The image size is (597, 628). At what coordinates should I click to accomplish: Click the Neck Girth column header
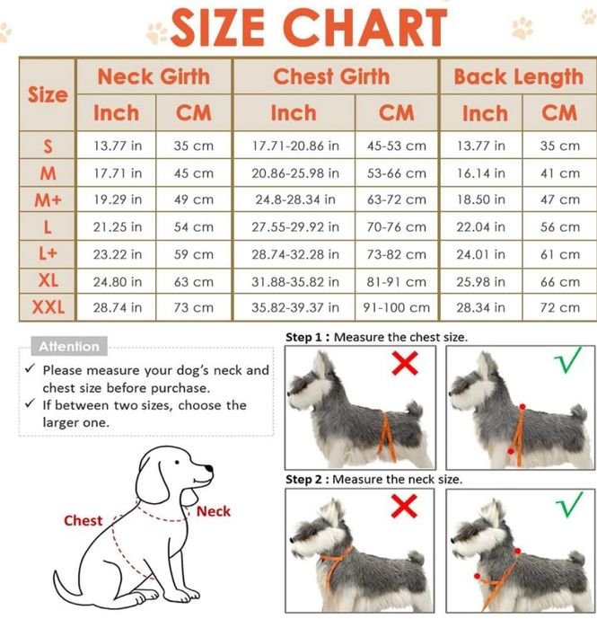(154, 76)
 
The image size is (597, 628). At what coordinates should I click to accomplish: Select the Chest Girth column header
(331, 76)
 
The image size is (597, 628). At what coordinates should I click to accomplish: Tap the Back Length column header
(519, 77)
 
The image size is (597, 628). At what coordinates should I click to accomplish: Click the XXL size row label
(48, 307)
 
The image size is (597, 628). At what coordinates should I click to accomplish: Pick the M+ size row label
(48, 199)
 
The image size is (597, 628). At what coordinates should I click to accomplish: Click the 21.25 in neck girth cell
(118, 227)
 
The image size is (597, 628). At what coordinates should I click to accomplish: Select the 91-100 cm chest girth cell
(397, 307)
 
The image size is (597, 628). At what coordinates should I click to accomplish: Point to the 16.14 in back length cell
(481, 173)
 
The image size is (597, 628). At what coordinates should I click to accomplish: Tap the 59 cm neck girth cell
(194, 254)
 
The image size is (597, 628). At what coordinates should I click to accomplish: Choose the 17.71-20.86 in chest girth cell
(295, 146)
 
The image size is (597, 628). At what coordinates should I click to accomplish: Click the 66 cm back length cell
(560, 282)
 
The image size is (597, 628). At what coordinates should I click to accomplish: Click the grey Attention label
(69, 346)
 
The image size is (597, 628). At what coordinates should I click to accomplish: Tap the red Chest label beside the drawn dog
(83, 520)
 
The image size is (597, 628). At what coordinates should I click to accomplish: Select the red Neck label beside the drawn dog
(214, 511)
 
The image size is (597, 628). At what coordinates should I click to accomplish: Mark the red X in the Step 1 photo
(405, 363)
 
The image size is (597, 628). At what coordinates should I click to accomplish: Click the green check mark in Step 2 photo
(570, 504)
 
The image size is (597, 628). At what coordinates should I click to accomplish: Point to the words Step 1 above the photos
(303, 337)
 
